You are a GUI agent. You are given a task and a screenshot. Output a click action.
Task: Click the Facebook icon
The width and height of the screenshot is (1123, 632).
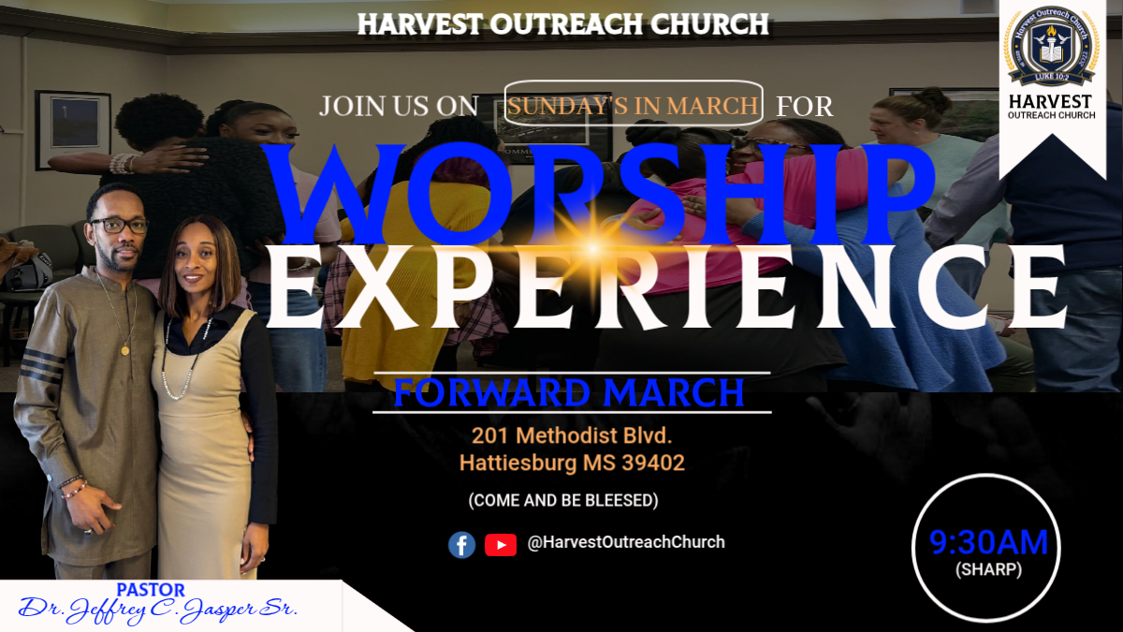click(461, 545)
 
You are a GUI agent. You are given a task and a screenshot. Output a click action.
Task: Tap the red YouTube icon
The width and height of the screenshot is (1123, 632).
click(501, 545)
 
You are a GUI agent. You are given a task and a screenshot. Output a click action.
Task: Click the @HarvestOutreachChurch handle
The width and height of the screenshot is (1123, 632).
click(626, 542)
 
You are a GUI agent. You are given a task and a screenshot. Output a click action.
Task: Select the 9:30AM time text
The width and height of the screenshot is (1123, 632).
click(988, 542)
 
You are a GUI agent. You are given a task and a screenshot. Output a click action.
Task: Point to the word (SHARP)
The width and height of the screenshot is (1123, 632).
click(988, 570)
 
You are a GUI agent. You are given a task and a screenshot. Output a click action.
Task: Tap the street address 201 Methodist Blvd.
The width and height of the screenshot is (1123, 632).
click(572, 435)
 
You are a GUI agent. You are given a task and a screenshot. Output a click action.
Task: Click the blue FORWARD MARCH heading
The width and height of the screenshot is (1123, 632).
click(569, 392)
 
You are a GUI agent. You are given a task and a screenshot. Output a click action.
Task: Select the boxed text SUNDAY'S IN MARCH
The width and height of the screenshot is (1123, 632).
click(633, 106)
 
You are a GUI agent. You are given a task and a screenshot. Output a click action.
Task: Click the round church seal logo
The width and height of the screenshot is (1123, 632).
click(1052, 46)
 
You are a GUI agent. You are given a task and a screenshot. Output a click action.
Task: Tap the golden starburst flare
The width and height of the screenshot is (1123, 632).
click(593, 248)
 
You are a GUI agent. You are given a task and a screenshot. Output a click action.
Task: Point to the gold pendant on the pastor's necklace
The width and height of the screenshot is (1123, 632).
click(124, 350)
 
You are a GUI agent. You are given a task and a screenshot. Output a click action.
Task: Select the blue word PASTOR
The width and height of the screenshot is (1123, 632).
click(151, 590)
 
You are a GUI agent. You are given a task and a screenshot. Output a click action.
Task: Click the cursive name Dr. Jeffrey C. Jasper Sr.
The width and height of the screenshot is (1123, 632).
click(158, 610)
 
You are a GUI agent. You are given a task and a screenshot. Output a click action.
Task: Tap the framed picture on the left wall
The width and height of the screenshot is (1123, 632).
click(73, 130)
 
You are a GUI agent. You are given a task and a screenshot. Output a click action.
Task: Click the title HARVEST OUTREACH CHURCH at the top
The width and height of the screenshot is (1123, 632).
click(563, 24)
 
